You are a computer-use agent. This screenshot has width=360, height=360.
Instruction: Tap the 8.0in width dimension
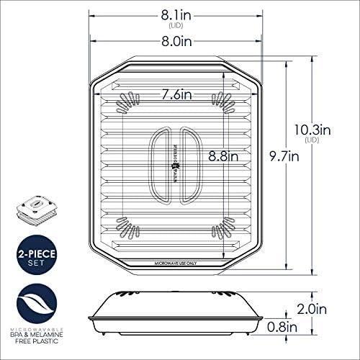[176, 42]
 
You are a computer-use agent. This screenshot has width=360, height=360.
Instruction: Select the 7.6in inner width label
[176, 94]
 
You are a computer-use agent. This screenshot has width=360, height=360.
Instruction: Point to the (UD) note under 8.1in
[176, 25]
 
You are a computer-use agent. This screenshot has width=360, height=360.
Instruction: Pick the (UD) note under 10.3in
[312, 142]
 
